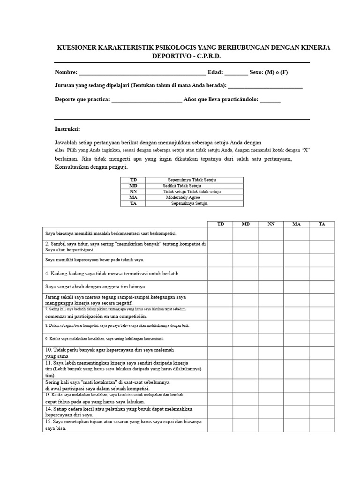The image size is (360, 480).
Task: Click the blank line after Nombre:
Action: click(x=142, y=73)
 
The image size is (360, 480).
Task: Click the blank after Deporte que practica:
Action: click(x=147, y=100)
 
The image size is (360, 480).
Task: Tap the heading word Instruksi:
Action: click(x=67, y=129)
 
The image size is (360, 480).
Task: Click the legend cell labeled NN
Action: click(x=134, y=192)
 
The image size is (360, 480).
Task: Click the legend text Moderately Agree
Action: click(x=183, y=197)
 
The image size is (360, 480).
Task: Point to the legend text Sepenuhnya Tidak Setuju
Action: click(x=192, y=180)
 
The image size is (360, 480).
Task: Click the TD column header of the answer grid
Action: click(x=220, y=224)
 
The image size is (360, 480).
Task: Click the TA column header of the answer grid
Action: click(x=322, y=224)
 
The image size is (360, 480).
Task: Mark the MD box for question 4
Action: click(x=246, y=273)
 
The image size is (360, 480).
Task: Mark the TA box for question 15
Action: click(x=322, y=425)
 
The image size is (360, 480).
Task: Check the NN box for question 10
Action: click(x=271, y=353)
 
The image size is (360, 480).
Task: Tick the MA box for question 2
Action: click(x=296, y=247)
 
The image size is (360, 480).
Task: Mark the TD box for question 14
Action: click(x=220, y=412)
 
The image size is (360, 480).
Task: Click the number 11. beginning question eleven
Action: click(x=49, y=363)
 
